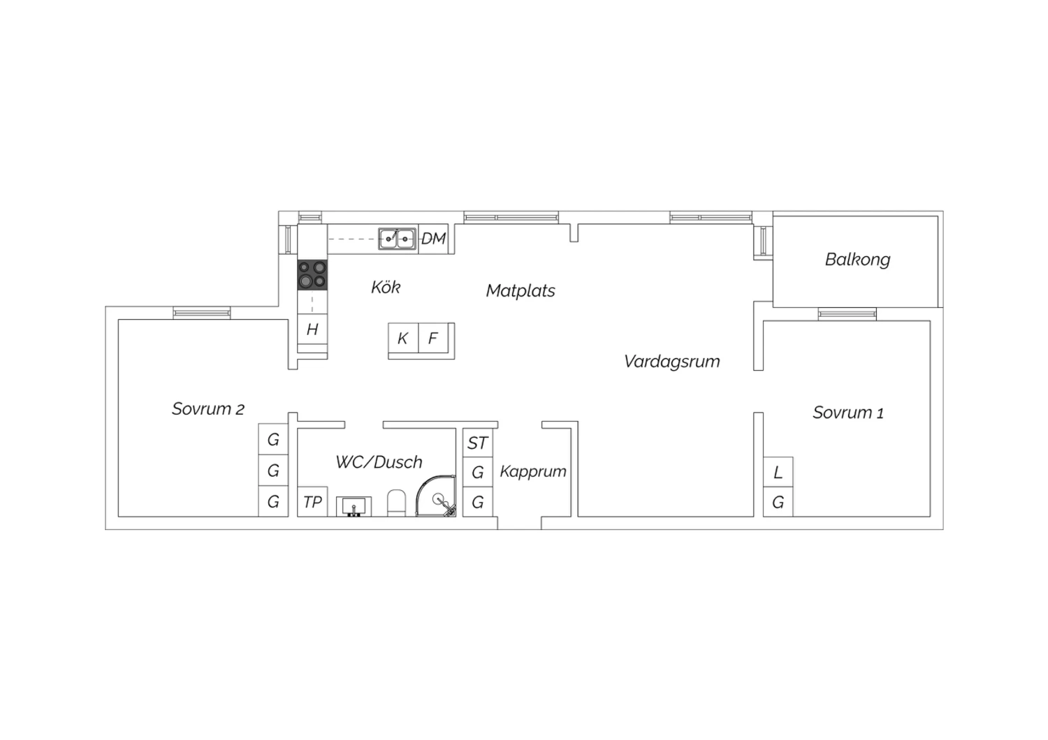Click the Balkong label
857,260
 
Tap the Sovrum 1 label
847,413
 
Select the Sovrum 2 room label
208,409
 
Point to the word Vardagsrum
672,362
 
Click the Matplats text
521,291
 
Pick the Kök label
386,287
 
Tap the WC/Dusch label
379,462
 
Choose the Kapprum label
533,471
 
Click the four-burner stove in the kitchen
312,275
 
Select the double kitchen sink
398,239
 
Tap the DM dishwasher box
433,239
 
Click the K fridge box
403,338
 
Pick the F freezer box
433,338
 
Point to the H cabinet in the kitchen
312,330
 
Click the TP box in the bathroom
312,501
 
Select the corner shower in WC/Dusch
436,496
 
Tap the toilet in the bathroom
396,503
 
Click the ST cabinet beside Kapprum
478,443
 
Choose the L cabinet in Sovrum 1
778,472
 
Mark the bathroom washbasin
354,506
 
